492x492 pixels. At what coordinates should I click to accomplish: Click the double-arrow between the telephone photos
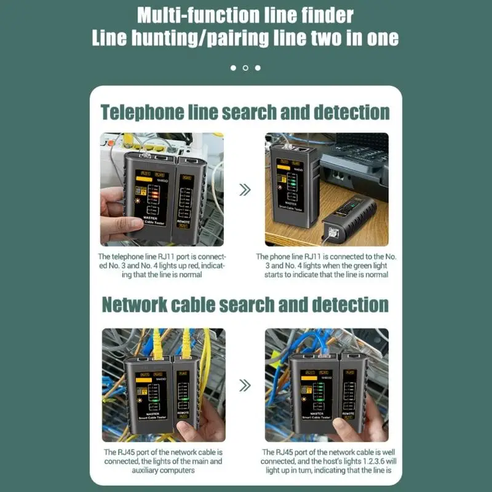click(245, 189)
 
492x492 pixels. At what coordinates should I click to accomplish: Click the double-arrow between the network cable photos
click(245, 386)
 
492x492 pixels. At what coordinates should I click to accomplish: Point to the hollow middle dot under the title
click(245, 68)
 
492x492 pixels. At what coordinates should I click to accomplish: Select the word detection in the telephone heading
click(351, 112)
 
